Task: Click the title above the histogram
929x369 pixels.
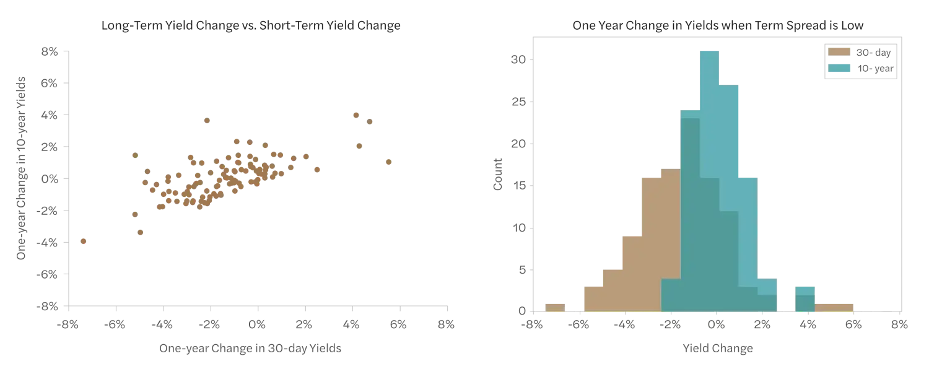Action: (718, 25)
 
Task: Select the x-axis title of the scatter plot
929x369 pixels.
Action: (250, 350)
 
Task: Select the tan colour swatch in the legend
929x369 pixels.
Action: (839, 52)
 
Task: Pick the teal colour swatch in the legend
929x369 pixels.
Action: (839, 68)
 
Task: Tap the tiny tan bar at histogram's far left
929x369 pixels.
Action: (554, 308)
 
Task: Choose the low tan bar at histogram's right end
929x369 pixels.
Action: (835, 307)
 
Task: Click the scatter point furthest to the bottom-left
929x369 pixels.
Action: (84, 242)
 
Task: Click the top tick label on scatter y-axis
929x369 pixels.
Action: (50, 52)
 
